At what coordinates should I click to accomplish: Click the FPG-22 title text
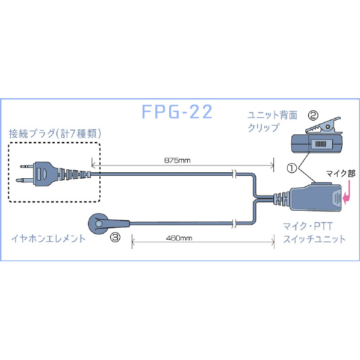pyautogui.click(x=177, y=112)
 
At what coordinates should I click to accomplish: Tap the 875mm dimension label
pyautogui.click(x=177, y=160)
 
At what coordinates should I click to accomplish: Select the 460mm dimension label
pyautogui.click(x=179, y=238)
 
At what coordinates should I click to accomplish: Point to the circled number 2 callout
pyautogui.click(x=313, y=115)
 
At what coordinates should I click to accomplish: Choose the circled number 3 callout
pyautogui.click(x=115, y=237)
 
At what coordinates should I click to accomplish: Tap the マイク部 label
pyautogui.click(x=341, y=174)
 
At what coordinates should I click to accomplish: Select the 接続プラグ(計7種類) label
pyautogui.click(x=55, y=134)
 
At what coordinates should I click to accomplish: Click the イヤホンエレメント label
pyautogui.click(x=48, y=239)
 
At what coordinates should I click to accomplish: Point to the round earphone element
pyautogui.click(x=99, y=223)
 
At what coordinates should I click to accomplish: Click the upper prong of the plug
pyautogui.click(x=27, y=166)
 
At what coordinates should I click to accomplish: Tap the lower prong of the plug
pyautogui.click(x=25, y=180)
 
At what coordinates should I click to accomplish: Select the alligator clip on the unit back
pyautogui.click(x=323, y=126)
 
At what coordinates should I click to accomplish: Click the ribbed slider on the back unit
pyautogui.click(x=321, y=144)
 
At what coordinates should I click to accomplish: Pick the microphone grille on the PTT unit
pyautogui.click(x=337, y=198)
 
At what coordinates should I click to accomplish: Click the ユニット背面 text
pyautogui.click(x=273, y=115)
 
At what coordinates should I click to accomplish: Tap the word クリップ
pyautogui.click(x=264, y=128)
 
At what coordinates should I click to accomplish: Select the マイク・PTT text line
pyautogui.click(x=308, y=226)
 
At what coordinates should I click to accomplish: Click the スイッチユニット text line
pyautogui.click(x=314, y=239)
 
